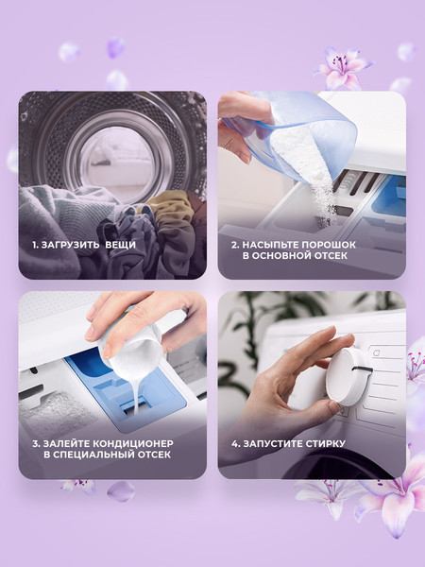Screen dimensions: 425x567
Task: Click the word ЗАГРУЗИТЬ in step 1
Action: (70, 245)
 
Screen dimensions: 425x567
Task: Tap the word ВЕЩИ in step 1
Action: (120, 245)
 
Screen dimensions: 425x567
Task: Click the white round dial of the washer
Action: (346, 376)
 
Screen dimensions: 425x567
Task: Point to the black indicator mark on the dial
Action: (362, 369)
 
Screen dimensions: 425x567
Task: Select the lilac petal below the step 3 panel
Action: (121, 491)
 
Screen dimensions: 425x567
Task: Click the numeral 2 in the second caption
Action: (234, 245)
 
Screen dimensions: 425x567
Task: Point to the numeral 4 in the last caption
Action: (235, 443)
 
